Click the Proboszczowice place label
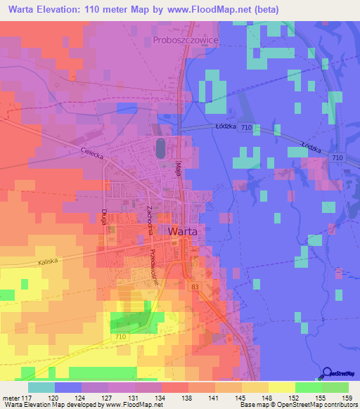pos(186,41)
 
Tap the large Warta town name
pos(187,231)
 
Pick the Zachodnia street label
pos(148,220)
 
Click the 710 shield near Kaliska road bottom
pos(120,338)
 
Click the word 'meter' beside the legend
pos(12,397)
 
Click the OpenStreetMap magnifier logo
pos(328,373)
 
